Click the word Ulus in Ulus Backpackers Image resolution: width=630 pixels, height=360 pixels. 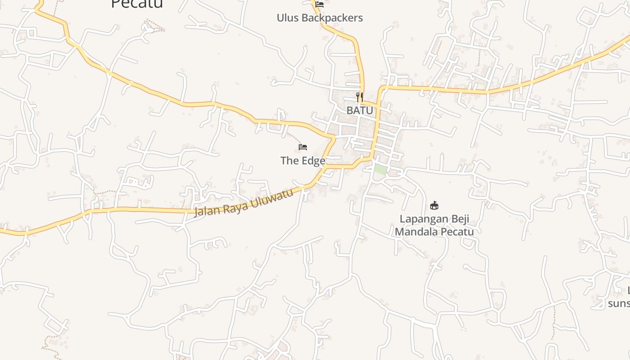click(287, 18)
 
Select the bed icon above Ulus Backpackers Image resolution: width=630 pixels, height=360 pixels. click(319, 4)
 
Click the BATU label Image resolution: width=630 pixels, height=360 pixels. click(360, 110)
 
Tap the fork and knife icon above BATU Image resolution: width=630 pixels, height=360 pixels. click(360, 97)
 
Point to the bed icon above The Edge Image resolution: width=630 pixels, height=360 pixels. click(303, 147)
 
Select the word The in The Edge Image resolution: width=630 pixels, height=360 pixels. click(289, 161)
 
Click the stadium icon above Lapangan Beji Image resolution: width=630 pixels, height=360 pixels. click(434, 206)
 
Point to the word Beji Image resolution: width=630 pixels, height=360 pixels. click(460, 220)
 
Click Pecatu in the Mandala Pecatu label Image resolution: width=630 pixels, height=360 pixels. click(457, 232)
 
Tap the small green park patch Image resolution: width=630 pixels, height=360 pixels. click(381, 170)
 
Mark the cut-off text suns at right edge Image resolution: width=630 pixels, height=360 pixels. click(619, 303)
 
